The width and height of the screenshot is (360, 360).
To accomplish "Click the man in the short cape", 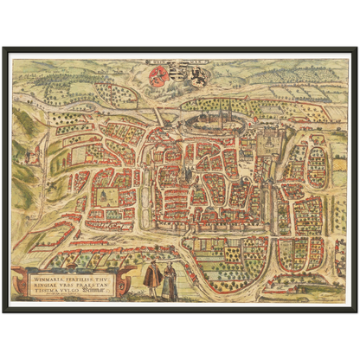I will tap(152, 279).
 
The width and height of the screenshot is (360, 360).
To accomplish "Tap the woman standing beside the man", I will tap(170, 280).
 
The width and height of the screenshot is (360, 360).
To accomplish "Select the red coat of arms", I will tap(159, 77).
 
